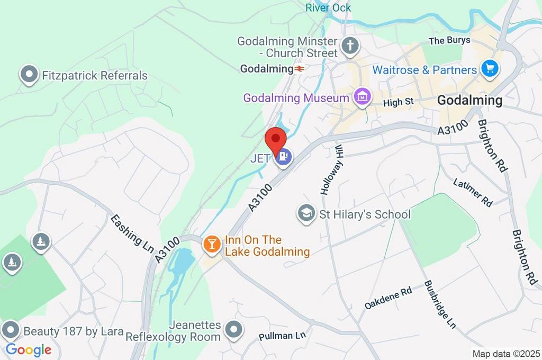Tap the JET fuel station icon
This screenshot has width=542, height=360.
pyautogui.click(x=284, y=157)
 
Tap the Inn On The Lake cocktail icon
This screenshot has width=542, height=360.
pyautogui.click(x=212, y=244)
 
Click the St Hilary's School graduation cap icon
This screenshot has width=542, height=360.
pyautogui.click(x=305, y=214)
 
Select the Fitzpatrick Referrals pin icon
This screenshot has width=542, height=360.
pyautogui.click(x=29, y=75)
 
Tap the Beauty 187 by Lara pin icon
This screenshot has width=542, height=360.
pyautogui.click(x=10, y=331)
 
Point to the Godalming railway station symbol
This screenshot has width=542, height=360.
pyautogui.click(x=300, y=69)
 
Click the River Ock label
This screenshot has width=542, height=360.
pyautogui.click(x=328, y=7)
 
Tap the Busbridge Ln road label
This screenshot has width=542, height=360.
pyautogui.click(x=439, y=304)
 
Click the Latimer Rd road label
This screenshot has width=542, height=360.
pyautogui.click(x=473, y=192)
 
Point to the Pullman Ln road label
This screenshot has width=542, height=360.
pyautogui.click(x=283, y=336)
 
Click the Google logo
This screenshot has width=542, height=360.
pyautogui.click(x=29, y=349)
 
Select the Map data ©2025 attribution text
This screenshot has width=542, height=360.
pyautogui.click(x=506, y=354)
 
